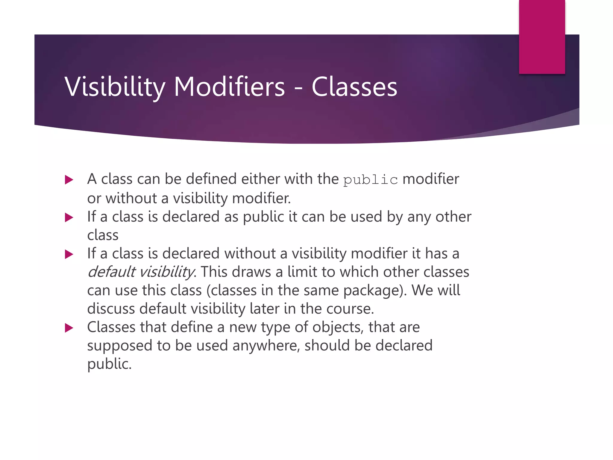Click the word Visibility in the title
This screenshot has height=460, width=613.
click(115, 87)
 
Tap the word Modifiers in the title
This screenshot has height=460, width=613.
click(229, 87)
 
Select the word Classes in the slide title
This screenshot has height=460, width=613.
click(354, 87)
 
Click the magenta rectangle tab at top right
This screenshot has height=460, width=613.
click(542, 37)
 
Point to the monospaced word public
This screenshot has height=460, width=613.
click(370, 180)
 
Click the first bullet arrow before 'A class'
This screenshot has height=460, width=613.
click(69, 180)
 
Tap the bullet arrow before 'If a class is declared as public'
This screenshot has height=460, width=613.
click(69, 217)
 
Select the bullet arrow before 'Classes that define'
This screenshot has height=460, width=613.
click(69, 328)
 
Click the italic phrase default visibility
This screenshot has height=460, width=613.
click(141, 272)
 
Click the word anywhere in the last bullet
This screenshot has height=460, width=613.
click(266, 346)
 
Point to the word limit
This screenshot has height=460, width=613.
click(302, 272)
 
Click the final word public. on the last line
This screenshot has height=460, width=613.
click(109, 364)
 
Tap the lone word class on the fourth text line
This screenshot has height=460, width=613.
click(103, 235)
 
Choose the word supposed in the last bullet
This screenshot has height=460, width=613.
click(120, 346)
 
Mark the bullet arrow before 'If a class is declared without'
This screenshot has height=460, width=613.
click(69, 254)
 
